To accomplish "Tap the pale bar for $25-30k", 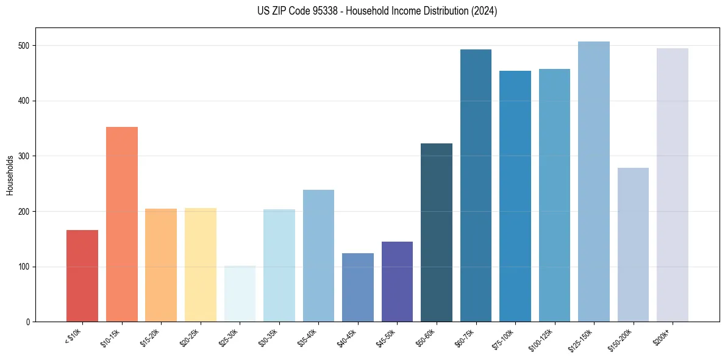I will click(240, 293).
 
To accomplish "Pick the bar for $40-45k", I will click(358, 287).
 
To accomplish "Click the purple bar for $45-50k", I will click(397, 281).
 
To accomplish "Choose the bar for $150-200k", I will click(633, 245).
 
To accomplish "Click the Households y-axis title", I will click(10, 175).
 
